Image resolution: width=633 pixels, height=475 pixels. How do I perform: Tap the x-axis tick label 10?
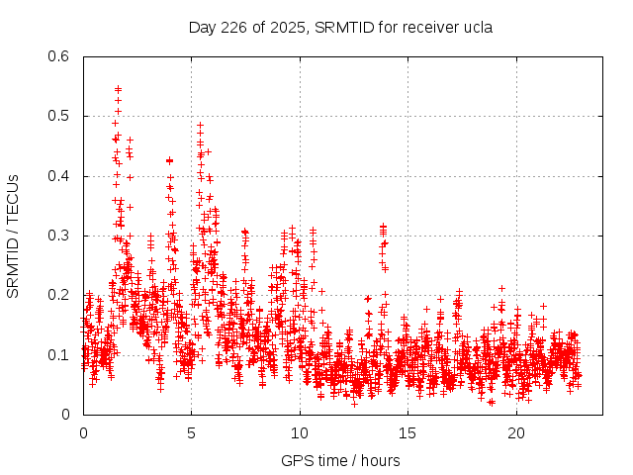coord(300,432)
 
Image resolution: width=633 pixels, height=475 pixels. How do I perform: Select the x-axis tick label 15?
coord(408,432)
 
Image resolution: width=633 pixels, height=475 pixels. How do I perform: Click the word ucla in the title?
coord(478,27)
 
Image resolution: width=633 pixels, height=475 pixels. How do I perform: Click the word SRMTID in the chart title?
coord(342,27)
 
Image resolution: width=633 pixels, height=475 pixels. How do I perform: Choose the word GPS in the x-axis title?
coord(295,460)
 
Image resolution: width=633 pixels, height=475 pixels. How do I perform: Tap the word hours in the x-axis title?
coord(381,460)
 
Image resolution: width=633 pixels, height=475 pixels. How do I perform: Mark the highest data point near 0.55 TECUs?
coord(118,89)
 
